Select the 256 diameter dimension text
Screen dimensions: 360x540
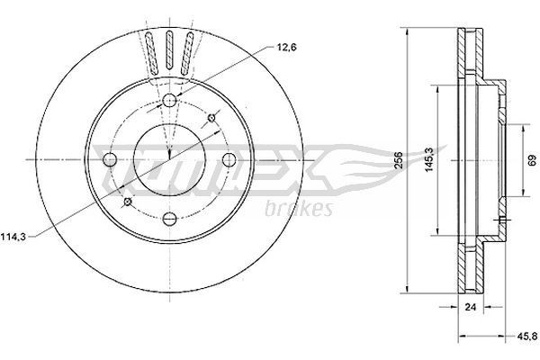pos(398,159)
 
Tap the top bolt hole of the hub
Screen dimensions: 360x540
pos(169,100)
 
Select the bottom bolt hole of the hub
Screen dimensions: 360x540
pos(169,217)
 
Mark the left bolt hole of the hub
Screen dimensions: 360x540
pos(111,159)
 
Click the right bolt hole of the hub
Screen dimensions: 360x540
pos(228,159)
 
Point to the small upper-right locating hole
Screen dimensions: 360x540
pos(212,117)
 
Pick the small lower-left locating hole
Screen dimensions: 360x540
pos(127,202)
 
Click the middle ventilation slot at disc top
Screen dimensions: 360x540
pos(168,49)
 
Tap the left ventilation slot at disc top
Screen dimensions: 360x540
pos(149,51)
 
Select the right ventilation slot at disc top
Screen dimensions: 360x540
pos(187,51)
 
